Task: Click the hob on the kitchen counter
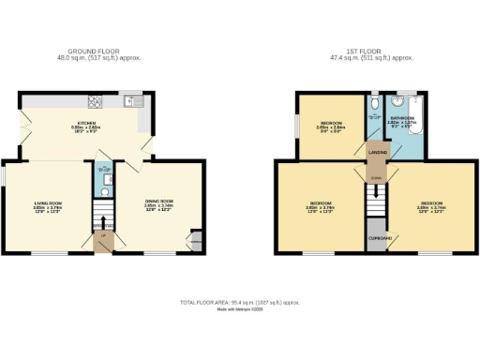tap(95, 101)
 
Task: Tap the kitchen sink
tap(130, 101)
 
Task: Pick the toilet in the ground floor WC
tap(105, 191)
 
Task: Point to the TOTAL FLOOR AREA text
tap(239, 303)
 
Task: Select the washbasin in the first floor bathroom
tap(404, 98)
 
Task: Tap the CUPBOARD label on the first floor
tap(377, 238)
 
